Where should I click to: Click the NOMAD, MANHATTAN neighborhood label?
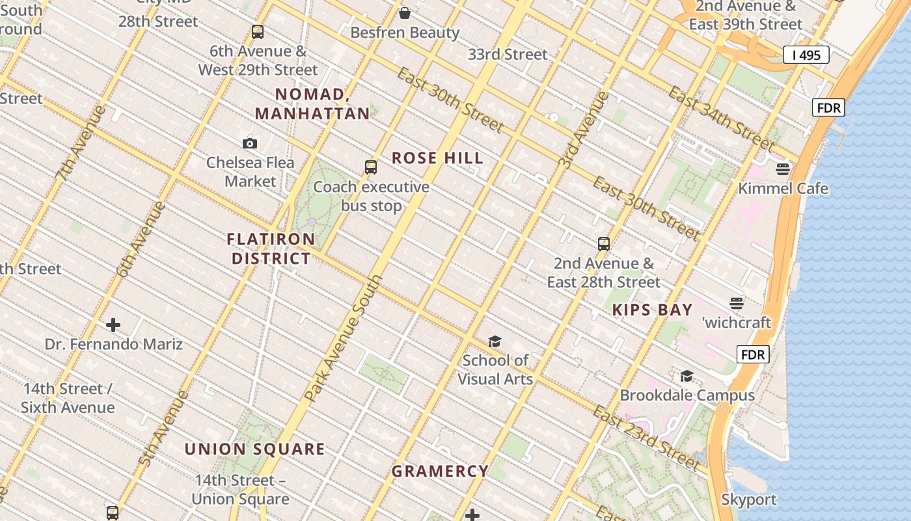tap(312, 104)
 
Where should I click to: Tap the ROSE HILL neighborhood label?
tap(437, 158)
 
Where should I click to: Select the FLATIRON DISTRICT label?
tap(271, 249)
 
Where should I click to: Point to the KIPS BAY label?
tap(652, 310)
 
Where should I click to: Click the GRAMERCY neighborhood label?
tap(440, 471)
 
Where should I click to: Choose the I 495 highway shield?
tap(806, 55)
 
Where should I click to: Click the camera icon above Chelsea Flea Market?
tap(250, 144)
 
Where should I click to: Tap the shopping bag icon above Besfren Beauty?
tap(405, 13)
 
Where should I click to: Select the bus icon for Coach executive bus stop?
tap(371, 167)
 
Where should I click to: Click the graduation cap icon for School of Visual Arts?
tap(495, 342)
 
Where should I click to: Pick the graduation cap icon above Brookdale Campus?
tap(687, 376)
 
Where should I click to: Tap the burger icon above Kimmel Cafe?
tap(783, 169)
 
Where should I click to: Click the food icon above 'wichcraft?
tap(737, 303)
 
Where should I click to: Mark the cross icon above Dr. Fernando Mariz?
tap(113, 324)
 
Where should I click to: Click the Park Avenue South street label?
tap(343, 338)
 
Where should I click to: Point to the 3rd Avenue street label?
tap(584, 131)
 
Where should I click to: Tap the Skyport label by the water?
tap(749, 500)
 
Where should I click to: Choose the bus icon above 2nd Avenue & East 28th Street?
tap(604, 244)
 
